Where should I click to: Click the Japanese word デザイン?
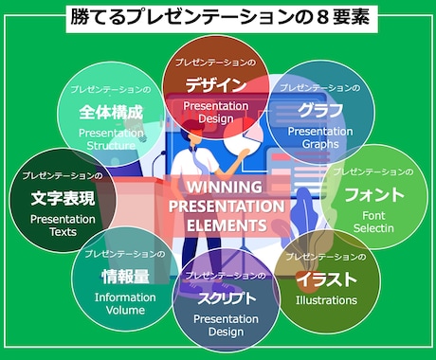tap(216, 84)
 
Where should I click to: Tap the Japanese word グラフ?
tap(319, 110)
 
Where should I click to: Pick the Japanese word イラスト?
tap(326, 279)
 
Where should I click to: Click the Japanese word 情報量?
tap(125, 277)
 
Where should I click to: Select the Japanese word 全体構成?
tap(112, 112)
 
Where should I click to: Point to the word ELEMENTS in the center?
tap(226, 225)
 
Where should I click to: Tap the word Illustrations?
tap(326, 300)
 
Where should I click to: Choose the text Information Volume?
tap(125, 302)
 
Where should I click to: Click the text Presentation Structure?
tap(112, 140)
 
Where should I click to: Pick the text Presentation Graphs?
tap(319, 137)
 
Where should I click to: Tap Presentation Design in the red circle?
tap(216, 112)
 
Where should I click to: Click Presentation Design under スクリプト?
tap(227, 326)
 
